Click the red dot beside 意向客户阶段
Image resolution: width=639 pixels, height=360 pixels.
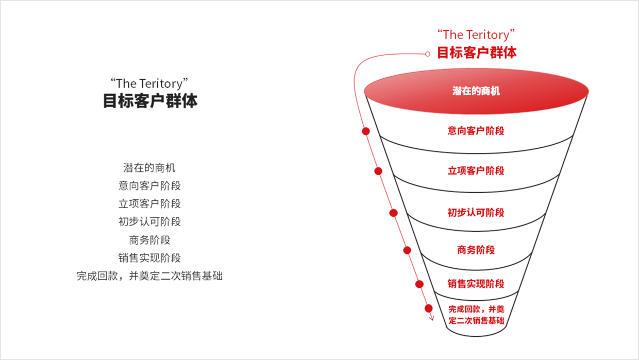pyautogui.click(x=366, y=131)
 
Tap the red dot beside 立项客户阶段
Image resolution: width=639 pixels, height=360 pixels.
pyautogui.click(x=378, y=171)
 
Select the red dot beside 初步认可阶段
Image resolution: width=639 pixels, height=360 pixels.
pyautogui.click(x=393, y=213)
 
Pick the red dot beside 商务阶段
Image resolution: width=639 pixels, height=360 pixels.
pyautogui.click(x=407, y=250)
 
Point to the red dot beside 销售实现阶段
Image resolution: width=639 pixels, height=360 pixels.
pyautogui.click(x=419, y=284)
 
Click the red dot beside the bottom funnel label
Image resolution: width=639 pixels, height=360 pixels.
pyautogui.click(x=428, y=308)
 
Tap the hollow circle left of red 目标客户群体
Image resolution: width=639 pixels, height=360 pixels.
pyautogui.click(x=427, y=54)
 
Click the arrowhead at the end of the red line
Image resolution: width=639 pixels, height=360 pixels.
pyautogui.click(x=432, y=318)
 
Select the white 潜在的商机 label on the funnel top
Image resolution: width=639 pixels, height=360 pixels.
pyautogui.click(x=476, y=91)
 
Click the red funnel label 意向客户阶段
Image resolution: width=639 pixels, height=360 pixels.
pyautogui.click(x=476, y=131)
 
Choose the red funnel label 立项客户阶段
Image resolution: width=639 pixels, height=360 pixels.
pyautogui.click(x=476, y=171)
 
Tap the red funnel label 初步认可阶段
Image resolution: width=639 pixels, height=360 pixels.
pyautogui.click(x=476, y=213)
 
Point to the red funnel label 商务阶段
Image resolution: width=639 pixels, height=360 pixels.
pyautogui.click(x=476, y=250)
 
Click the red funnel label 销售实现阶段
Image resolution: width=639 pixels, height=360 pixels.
pyautogui.click(x=476, y=284)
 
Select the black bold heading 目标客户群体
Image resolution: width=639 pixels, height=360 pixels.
pyautogui.click(x=150, y=101)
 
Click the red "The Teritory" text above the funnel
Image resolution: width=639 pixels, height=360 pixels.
pyautogui.click(x=476, y=35)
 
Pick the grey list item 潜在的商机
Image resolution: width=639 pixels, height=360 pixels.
pyautogui.click(x=149, y=168)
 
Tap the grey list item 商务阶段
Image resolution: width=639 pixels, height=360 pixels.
pyautogui.click(x=149, y=240)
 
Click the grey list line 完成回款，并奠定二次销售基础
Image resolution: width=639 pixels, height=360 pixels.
pyautogui.click(x=149, y=276)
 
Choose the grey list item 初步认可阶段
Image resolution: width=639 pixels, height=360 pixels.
pyautogui.click(x=149, y=221)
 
